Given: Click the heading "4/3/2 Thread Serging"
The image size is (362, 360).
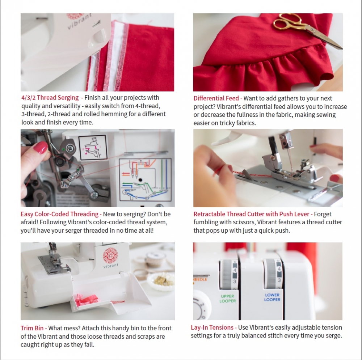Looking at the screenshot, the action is pos(50,98).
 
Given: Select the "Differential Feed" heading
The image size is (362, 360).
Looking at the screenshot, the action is pos(216,98).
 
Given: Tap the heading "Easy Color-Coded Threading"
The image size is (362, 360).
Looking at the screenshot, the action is pos(59,214).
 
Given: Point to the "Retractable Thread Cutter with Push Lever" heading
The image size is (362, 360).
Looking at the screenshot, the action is pos(251,214).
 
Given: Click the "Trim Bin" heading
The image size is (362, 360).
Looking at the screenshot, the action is pos(32,328).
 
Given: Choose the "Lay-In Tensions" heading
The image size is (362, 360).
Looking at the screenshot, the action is pos(212,327).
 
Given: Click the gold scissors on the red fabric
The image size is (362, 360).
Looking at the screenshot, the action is pos(307,30).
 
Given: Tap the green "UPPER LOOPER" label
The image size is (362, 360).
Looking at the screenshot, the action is pos(227,298).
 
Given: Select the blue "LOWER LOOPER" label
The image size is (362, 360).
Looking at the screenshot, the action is pos(272,297).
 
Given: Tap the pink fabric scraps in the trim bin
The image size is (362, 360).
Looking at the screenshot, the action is pos(88,300).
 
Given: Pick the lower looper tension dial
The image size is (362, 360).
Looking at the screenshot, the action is pos(273,274).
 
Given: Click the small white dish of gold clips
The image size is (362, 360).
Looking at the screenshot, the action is pos(161,281).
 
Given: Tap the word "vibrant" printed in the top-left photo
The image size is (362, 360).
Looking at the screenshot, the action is pos(79,21).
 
